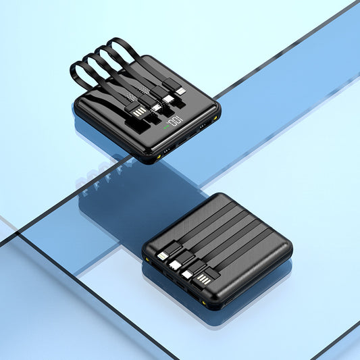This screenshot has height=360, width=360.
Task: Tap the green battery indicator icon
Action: point(166,127)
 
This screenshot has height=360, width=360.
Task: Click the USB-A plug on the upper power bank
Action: point(140,112)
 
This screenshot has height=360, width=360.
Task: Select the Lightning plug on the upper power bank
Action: point(181,91)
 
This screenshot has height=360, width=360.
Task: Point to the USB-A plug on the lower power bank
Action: point(203,280)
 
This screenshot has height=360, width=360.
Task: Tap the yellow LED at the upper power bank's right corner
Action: point(215,118)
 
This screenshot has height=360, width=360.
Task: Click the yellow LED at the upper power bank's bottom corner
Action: point(159,157)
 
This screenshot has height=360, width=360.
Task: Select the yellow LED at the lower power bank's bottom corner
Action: point(203,303)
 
